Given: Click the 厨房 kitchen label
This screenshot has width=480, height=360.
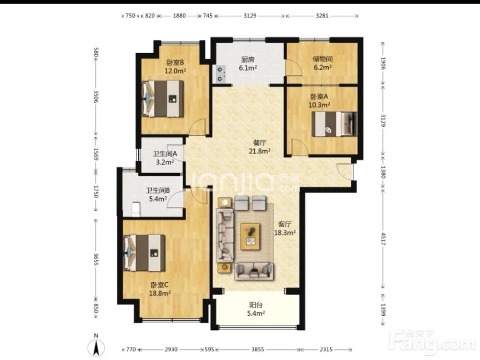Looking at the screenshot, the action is (248, 60).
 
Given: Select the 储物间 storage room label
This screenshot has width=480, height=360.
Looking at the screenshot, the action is (323, 59).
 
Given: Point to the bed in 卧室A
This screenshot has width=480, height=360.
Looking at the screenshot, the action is (334, 124).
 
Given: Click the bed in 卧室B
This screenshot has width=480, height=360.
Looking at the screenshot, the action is (163, 98).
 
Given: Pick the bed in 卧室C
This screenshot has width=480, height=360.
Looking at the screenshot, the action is (144, 253).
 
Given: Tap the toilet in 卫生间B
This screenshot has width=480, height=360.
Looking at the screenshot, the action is (136, 209).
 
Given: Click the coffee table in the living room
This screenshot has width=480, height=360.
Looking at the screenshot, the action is (250, 236).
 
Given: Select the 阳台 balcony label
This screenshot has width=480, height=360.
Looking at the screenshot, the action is (256, 305).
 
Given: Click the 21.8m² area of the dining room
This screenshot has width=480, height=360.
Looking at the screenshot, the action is (259, 151).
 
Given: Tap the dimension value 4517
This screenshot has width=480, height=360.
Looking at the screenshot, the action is (383, 239).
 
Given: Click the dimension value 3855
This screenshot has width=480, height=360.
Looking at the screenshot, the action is (257, 349).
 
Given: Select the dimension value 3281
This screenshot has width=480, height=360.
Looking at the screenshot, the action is (322, 16).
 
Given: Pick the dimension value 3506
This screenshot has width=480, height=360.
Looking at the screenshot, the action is (96, 96).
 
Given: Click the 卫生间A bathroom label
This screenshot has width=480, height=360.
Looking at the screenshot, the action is (165, 154).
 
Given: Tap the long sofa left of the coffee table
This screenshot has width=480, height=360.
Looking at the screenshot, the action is (225, 235).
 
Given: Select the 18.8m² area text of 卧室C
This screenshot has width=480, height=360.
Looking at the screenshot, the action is (160, 293).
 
